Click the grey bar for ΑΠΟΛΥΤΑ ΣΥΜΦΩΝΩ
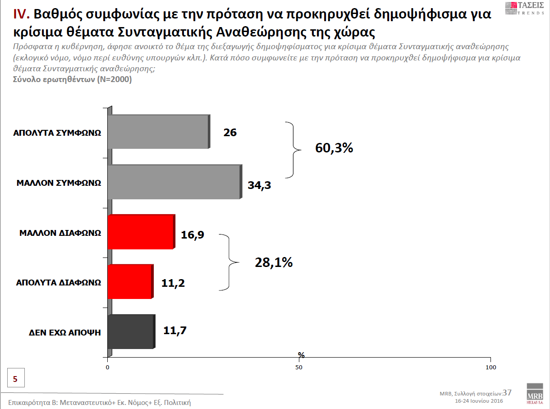pyautogui.click(x=158, y=132)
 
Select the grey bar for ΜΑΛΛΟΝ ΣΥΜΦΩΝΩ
pyautogui.click(x=174, y=182)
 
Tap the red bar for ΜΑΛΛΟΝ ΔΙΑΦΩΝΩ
pyautogui.click(x=140, y=232)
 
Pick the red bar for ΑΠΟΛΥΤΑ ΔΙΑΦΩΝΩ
pyautogui.click(x=130, y=282)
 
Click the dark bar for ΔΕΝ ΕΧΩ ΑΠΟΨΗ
pyautogui.click(x=131, y=331)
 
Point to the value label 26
pyautogui.click(x=230, y=133)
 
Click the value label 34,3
pyautogui.click(x=259, y=184)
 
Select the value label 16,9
pyautogui.click(x=192, y=234)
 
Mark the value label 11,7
pyautogui.click(x=175, y=331)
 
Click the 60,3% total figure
pyautogui.click(x=334, y=148)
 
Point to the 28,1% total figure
pyautogui.click(x=274, y=262)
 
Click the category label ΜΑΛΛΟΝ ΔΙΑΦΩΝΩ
pyautogui.click(x=60, y=233)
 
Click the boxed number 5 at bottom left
pyautogui.click(x=15, y=379)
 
